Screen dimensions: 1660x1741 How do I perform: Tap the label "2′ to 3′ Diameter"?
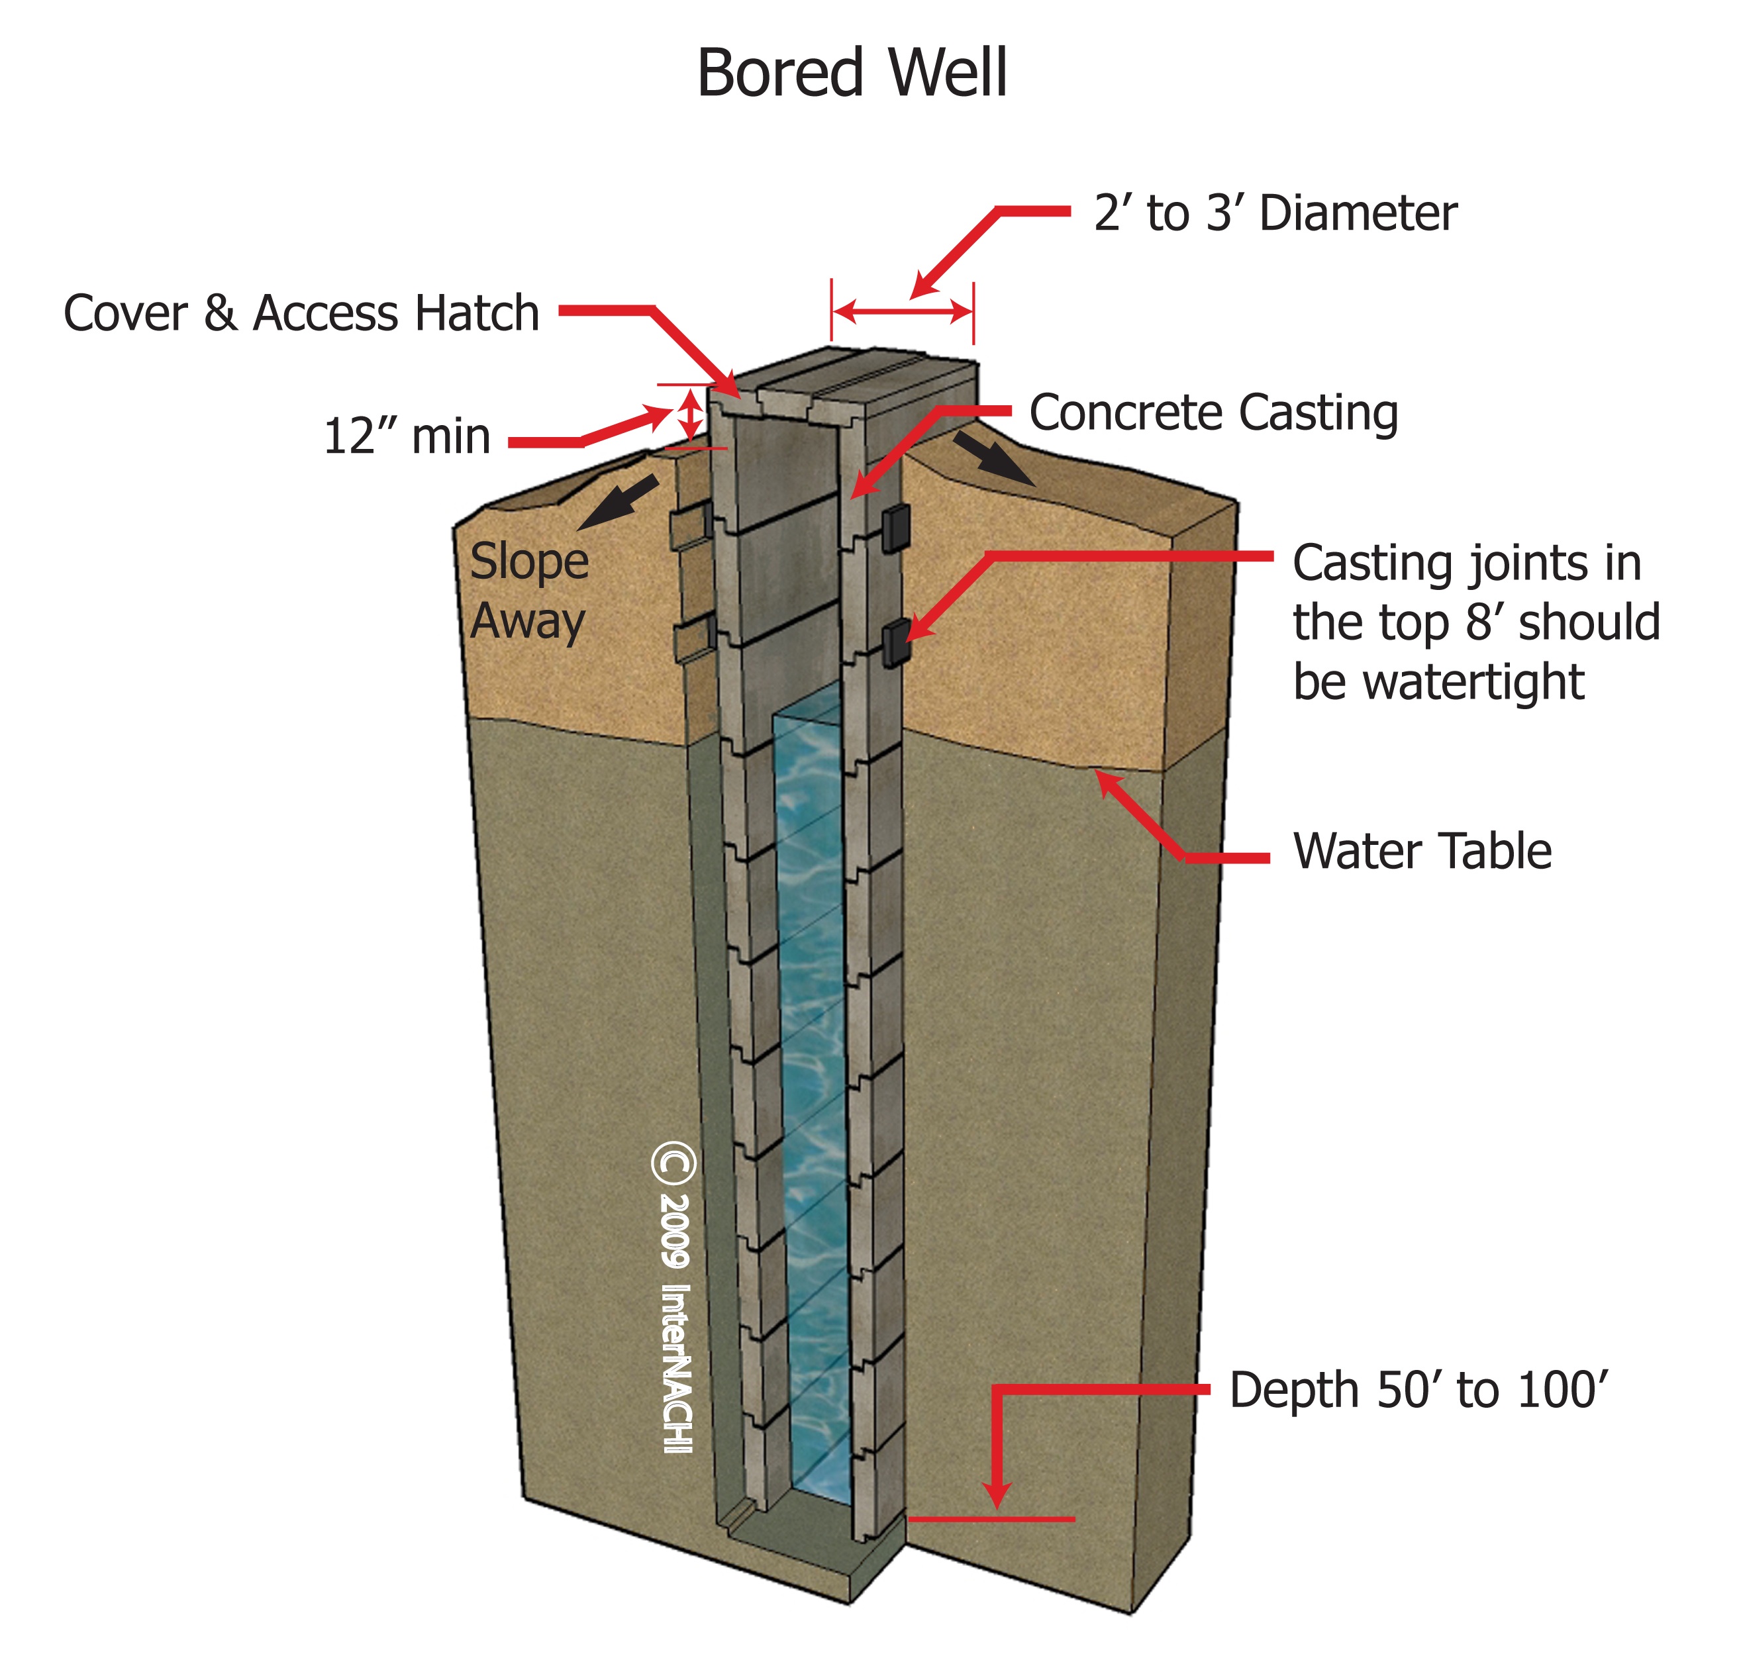point(1275,213)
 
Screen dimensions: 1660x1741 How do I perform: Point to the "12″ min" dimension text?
point(407,436)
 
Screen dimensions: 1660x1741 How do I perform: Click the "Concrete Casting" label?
point(1213,413)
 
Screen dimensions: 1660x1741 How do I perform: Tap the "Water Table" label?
point(1422,852)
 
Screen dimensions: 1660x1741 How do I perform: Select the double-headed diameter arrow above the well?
point(903,311)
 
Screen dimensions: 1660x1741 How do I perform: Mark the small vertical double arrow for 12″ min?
point(691,416)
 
